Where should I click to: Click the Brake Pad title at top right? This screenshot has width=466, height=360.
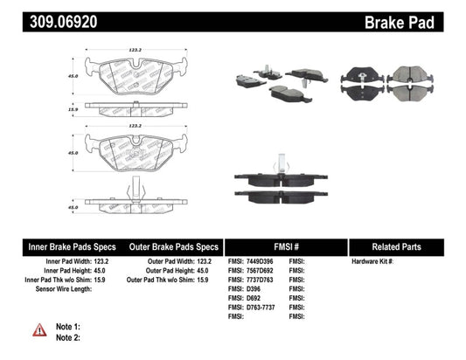[421, 19]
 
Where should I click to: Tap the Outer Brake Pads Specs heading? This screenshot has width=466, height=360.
[174, 246]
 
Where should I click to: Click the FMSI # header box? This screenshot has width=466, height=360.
[285, 246]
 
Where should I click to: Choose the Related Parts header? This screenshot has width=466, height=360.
[406, 246]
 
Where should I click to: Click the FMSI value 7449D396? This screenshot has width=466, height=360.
[259, 262]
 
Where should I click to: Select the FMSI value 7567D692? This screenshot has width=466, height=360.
[259, 272]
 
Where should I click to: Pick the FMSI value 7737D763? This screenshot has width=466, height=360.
[259, 281]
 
